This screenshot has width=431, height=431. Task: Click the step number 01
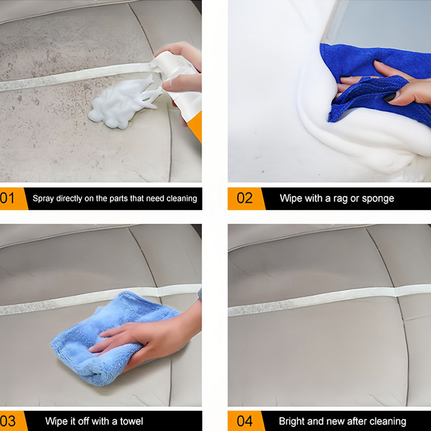point(7,198)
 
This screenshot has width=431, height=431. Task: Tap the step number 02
point(245,198)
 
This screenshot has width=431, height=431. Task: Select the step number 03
point(8,421)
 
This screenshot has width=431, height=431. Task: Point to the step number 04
point(245,421)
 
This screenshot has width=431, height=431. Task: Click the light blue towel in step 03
point(110,338)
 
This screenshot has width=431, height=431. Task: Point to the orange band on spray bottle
point(196,126)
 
